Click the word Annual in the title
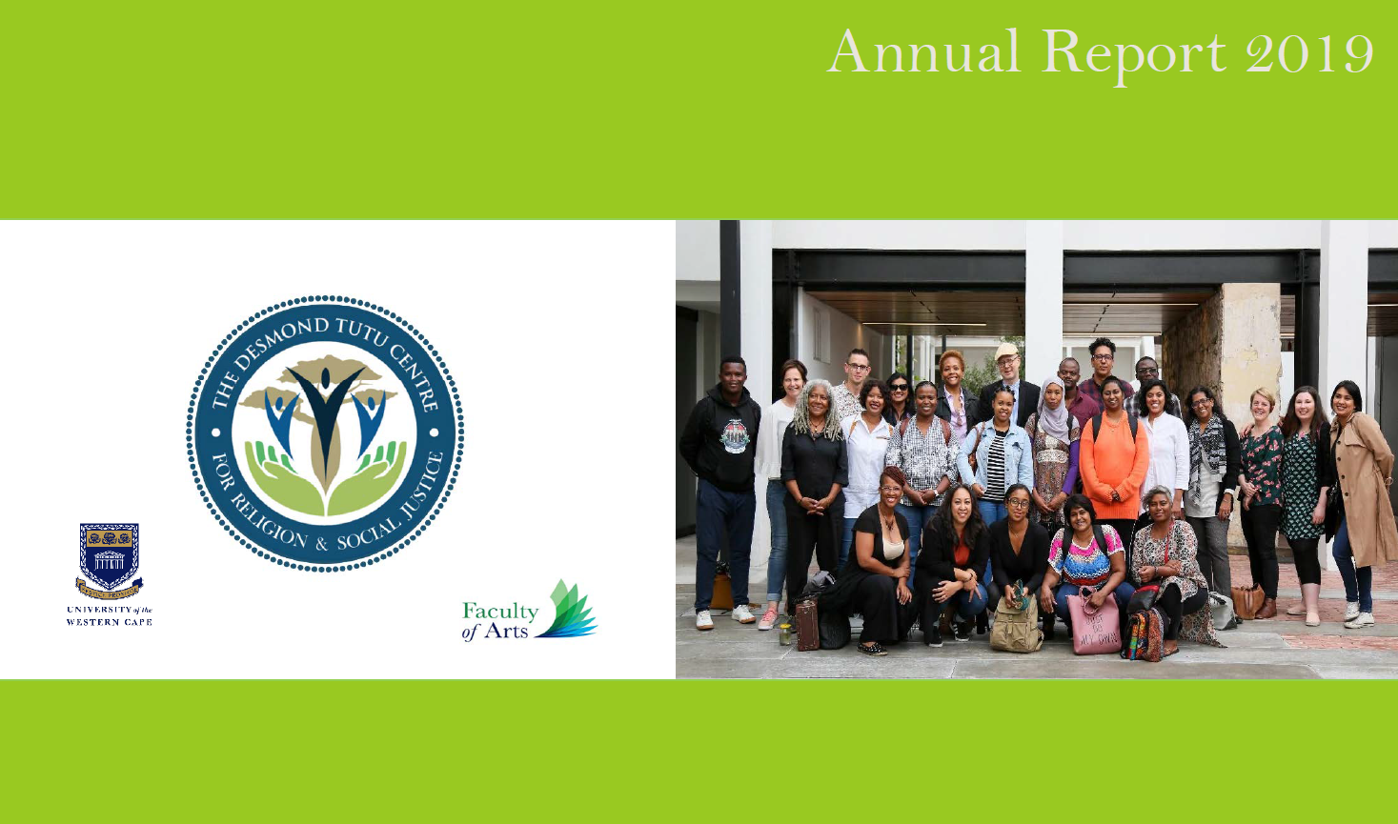pos(924,51)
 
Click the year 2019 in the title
pos(1309,51)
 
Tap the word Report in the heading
pos(1133,55)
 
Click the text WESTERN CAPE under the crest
pos(110,622)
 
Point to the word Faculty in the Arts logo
pos(500,612)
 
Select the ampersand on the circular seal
pos(322,543)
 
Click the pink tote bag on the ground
pos(1097,622)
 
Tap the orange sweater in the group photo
pos(1113,465)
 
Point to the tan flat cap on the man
pos(1006,351)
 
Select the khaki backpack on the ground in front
pos(1016,623)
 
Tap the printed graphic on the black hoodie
pos(735,434)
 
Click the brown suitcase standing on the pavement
pos(806,624)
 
